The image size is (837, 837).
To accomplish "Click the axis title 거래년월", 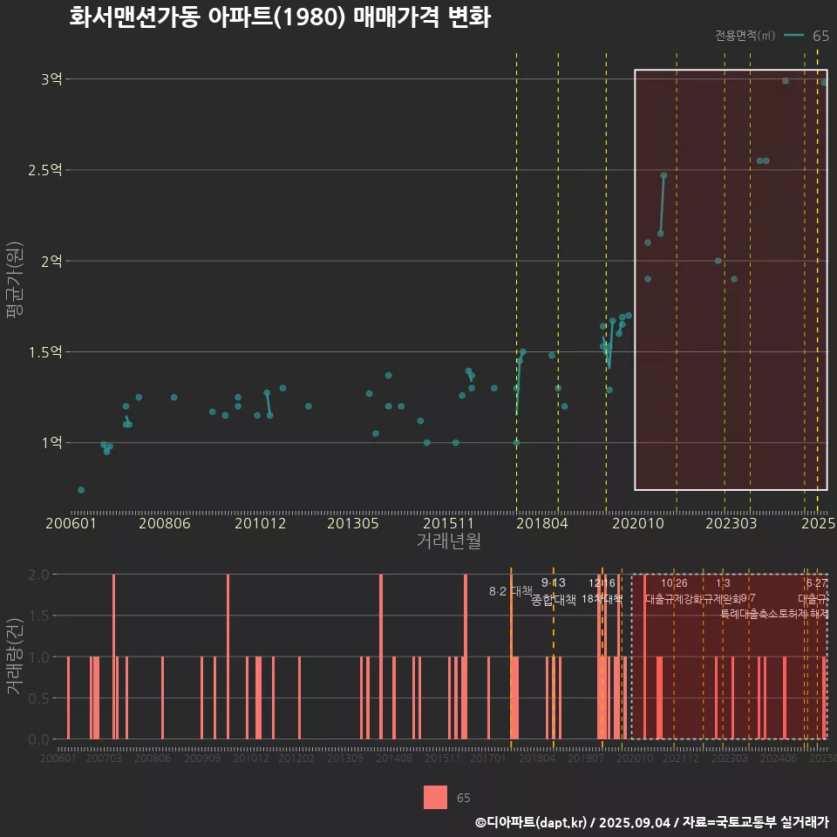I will point(448,541).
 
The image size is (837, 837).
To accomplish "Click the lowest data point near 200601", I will point(81,490).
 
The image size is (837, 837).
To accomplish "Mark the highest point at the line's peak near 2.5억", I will point(663,175).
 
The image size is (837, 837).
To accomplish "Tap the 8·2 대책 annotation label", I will point(510,591).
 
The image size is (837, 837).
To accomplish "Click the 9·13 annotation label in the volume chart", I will point(553,582).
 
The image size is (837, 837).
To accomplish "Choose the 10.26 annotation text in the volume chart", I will point(674,582).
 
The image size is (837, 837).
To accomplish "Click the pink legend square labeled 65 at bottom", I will point(435,797).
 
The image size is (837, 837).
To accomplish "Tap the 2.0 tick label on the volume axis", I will point(38,575).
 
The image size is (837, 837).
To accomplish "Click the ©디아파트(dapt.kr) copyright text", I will point(532,822).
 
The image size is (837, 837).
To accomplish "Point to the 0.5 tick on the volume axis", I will point(38,698).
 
